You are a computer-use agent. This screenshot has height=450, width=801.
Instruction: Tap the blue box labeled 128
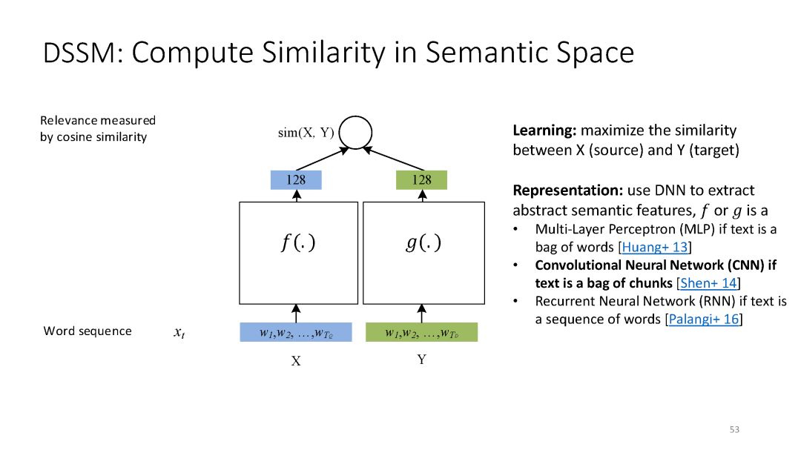pos(296,179)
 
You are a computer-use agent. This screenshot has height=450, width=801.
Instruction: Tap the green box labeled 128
pos(421,179)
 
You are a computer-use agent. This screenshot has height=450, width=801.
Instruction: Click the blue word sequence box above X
pos(296,333)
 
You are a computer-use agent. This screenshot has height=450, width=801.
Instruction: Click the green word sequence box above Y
pos(421,333)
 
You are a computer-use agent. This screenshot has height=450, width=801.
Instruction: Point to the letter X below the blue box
pos(296,361)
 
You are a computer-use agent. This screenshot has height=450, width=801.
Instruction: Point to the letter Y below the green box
pos(421,360)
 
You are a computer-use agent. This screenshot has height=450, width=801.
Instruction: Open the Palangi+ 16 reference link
pos(704,320)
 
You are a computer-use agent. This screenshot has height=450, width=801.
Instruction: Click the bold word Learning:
pos(544,130)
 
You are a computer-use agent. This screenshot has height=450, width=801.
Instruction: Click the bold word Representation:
pos(569,189)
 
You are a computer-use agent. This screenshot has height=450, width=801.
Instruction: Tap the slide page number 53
pos(734,429)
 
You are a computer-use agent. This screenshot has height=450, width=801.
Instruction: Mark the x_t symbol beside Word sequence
pos(179,333)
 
